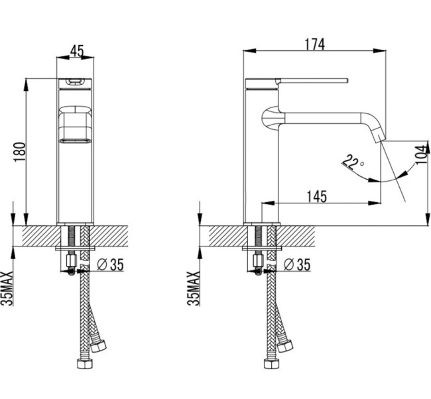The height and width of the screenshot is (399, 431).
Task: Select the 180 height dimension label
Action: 19,152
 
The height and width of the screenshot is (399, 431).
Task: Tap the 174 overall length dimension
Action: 315,44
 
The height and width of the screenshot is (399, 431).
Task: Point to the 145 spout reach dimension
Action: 317,196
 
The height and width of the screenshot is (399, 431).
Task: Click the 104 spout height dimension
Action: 423,154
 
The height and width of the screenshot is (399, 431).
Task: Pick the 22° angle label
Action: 353,162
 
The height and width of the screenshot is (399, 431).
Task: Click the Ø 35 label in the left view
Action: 111,264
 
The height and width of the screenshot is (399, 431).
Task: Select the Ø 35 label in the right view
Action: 297,264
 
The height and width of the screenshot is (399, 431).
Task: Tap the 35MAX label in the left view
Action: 7,288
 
